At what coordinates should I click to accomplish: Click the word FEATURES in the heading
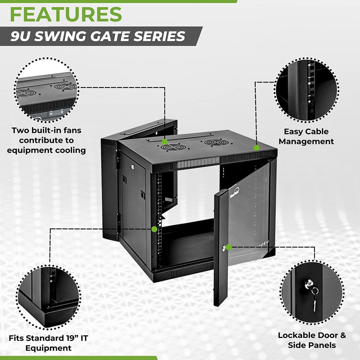pos(66,15)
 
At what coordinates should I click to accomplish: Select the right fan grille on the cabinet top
pos(216,143)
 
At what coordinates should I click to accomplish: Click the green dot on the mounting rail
pos(154,229)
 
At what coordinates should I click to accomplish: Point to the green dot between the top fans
pos(165,141)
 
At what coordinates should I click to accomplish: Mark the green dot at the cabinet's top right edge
pos(256,148)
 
